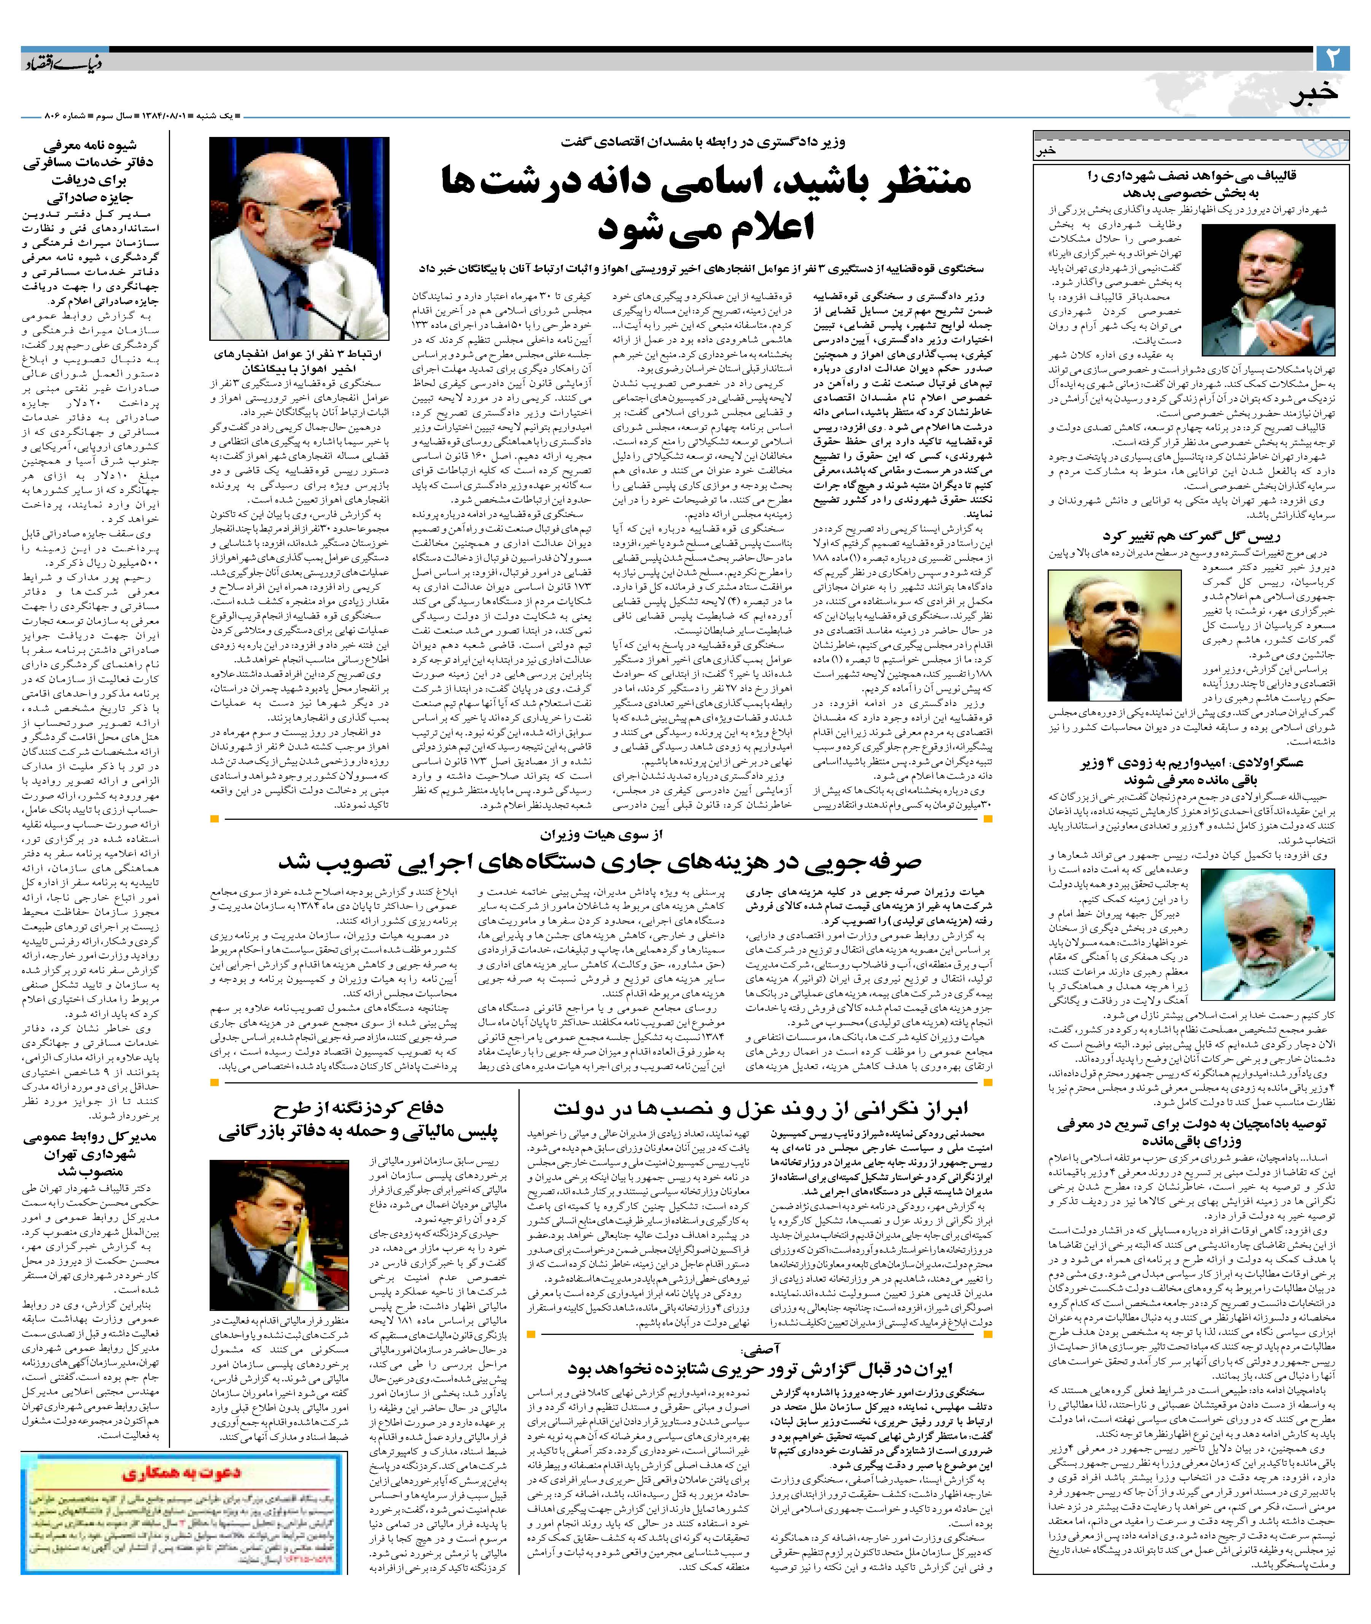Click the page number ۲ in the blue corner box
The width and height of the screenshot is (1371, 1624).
pyautogui.click(x=1334, y=58)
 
